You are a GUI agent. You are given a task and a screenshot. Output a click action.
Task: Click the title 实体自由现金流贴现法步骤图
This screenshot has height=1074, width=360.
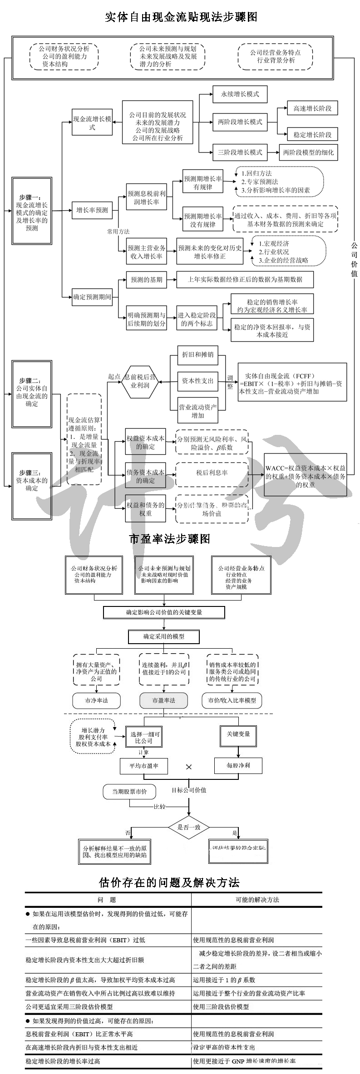pos(181,17)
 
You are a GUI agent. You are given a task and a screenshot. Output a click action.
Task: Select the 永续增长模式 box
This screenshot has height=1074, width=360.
pos(240,94)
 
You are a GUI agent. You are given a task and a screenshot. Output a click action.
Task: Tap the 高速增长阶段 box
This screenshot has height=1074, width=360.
pos(312,108)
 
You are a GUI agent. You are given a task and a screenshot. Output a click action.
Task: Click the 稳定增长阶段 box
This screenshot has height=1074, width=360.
pos(312,134)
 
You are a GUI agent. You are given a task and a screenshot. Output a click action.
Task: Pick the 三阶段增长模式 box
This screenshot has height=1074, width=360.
pos(240,153)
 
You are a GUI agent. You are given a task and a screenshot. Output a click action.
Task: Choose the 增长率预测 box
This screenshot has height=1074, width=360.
pos(92,210)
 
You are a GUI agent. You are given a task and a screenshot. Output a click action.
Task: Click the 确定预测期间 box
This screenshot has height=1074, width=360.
pos(92,297)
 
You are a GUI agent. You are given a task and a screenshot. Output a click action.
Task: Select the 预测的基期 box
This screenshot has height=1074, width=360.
pos(146,280)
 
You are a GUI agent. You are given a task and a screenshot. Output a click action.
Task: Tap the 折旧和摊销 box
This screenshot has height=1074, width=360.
pos(197,354)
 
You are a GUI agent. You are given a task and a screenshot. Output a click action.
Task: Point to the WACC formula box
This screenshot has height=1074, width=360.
pos(305,474)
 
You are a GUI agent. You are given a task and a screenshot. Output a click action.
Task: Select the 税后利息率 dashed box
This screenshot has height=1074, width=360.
pos(212,473)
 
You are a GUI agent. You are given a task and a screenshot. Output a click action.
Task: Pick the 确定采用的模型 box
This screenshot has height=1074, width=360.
pos(164,636)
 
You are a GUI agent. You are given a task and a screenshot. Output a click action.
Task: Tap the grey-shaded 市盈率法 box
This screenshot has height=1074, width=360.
pos(163,700)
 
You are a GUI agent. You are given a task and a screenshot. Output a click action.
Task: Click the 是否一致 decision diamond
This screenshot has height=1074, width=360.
pos(189,827)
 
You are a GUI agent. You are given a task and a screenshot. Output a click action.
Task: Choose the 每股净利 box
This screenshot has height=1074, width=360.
pos(238,765)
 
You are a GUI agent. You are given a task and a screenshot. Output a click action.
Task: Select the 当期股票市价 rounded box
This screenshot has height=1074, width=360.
pos(129,792)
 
